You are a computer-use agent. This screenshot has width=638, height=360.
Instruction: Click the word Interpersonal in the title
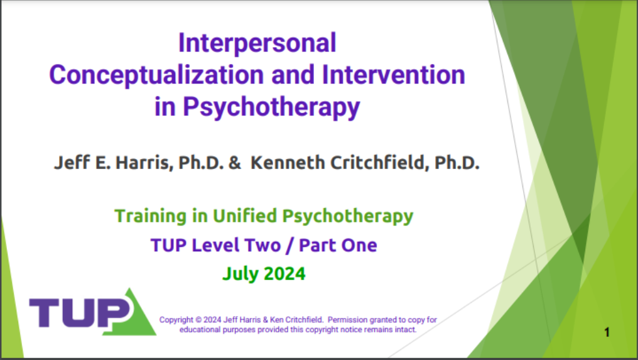(x=257, y=43)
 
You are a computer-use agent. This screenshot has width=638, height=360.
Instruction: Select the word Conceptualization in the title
(x=157, y=75)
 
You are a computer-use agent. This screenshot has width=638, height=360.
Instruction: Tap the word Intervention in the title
(x=393, y=75)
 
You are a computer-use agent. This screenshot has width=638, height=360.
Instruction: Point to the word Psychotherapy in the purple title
(x=271, y=107)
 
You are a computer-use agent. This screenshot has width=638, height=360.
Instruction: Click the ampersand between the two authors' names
(x=234, y=163)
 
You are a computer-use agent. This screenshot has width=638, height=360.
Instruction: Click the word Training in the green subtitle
(x=150, y=216)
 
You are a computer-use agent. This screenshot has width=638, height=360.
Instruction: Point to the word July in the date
(x=240, y=274)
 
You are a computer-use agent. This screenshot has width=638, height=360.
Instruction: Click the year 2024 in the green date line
(x=284, y=274)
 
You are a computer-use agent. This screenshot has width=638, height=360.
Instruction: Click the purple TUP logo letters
(x=79, y=313)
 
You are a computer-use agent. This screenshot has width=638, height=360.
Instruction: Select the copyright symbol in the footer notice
(x=198, y=320)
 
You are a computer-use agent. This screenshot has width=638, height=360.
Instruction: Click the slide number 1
(x=607, y=332)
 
